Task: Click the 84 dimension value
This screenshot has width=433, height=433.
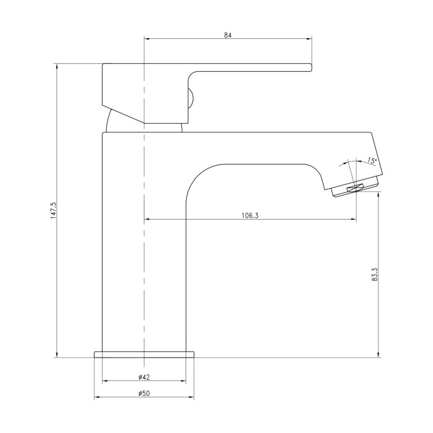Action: pyautogui.click(x=228, y=35)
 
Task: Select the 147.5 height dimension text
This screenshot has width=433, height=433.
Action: pyautogui.click(x=53, y=210)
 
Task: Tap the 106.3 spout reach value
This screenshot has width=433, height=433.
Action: pyautogui.click(x=250, y=215)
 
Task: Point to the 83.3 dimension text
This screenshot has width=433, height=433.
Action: pyautogui.click(x=374, y=274)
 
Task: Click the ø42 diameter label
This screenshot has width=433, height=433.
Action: pyautogui.click(x=144, y=377)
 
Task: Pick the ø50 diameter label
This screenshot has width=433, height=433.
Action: pyautogui.click(x=144, y=393)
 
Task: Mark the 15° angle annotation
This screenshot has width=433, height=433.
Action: pyautogui.click(x=372, y=161)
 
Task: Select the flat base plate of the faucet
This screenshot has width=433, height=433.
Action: pyautogui.click(x=144, y=354)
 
